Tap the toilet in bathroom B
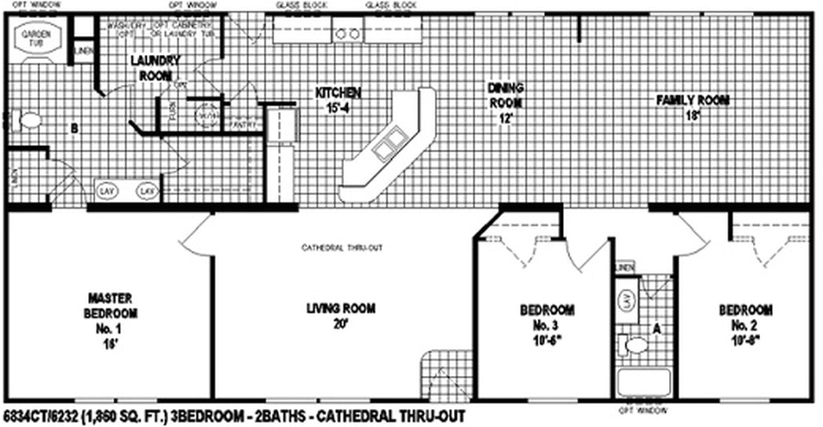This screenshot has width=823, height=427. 29,121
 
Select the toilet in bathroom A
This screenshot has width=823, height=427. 633,344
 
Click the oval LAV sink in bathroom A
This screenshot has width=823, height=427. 627,301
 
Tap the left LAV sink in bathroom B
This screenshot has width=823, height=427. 105,191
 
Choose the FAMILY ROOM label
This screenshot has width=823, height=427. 693,106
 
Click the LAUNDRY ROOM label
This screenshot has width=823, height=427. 155,68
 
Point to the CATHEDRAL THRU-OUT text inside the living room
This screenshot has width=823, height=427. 342,248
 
